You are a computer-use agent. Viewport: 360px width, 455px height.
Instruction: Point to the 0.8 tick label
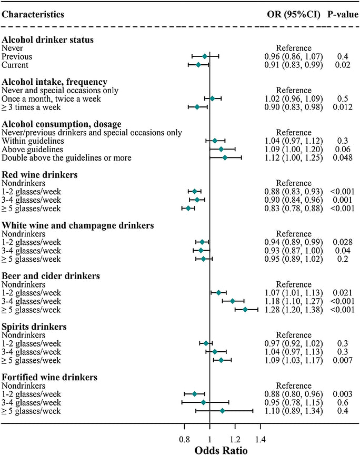[x=185, y=438]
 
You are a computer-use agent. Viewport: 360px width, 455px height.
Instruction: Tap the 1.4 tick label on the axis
[x=259, y=438]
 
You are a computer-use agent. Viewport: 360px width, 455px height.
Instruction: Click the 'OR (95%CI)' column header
[x=294, y=13]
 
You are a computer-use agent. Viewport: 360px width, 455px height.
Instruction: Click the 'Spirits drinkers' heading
[x=34, y=327]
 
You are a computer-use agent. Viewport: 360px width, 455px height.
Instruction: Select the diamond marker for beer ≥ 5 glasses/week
[x=245, y=309]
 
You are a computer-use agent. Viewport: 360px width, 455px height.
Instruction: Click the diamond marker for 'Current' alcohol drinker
[x=198, y=65]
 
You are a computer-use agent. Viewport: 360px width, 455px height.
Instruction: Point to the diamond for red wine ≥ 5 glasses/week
[x=188, y=208]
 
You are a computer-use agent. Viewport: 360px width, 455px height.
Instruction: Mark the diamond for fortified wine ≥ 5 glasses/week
[x=222, y=410]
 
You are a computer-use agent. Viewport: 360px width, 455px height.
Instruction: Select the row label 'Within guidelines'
[x=33, y=141]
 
